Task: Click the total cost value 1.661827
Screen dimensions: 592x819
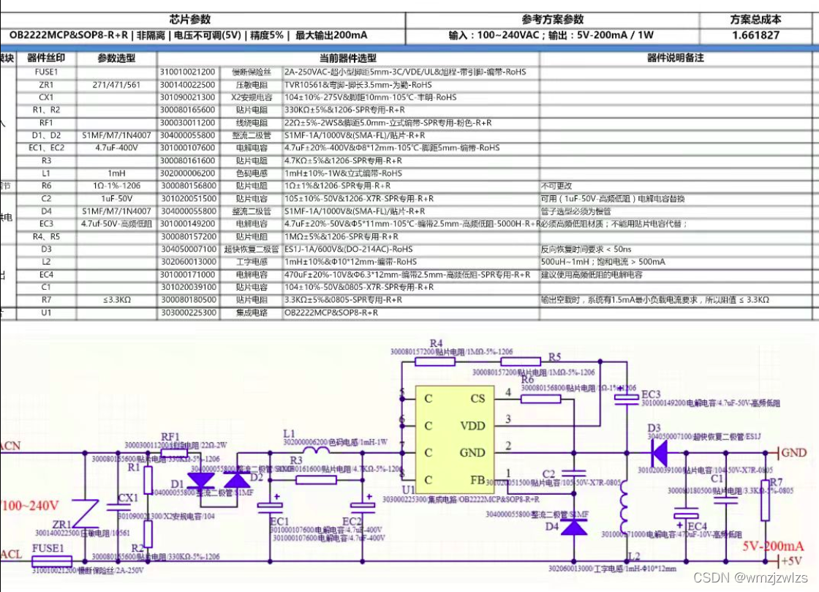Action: (x=755, y=35)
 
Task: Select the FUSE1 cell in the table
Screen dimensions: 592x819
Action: (x=45, y=72)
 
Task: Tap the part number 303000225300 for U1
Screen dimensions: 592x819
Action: (x=188, y=312)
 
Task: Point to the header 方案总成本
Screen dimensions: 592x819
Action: (x=755, y=20)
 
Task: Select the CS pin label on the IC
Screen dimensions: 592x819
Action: (x=477, y=399)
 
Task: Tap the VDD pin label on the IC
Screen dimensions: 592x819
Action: (x=472, y=425)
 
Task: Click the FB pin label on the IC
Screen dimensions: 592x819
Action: (x=476, y=479)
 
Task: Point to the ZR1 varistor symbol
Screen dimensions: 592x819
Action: (x=88, y=513)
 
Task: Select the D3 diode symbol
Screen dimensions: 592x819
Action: (x=658, y=454)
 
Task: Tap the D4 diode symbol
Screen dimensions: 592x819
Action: (x=573, y=526)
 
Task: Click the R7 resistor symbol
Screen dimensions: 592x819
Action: (x=767, y=498)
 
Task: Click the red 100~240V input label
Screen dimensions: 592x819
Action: (x=30, y=506)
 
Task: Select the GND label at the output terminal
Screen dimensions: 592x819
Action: (x=795, y=453)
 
